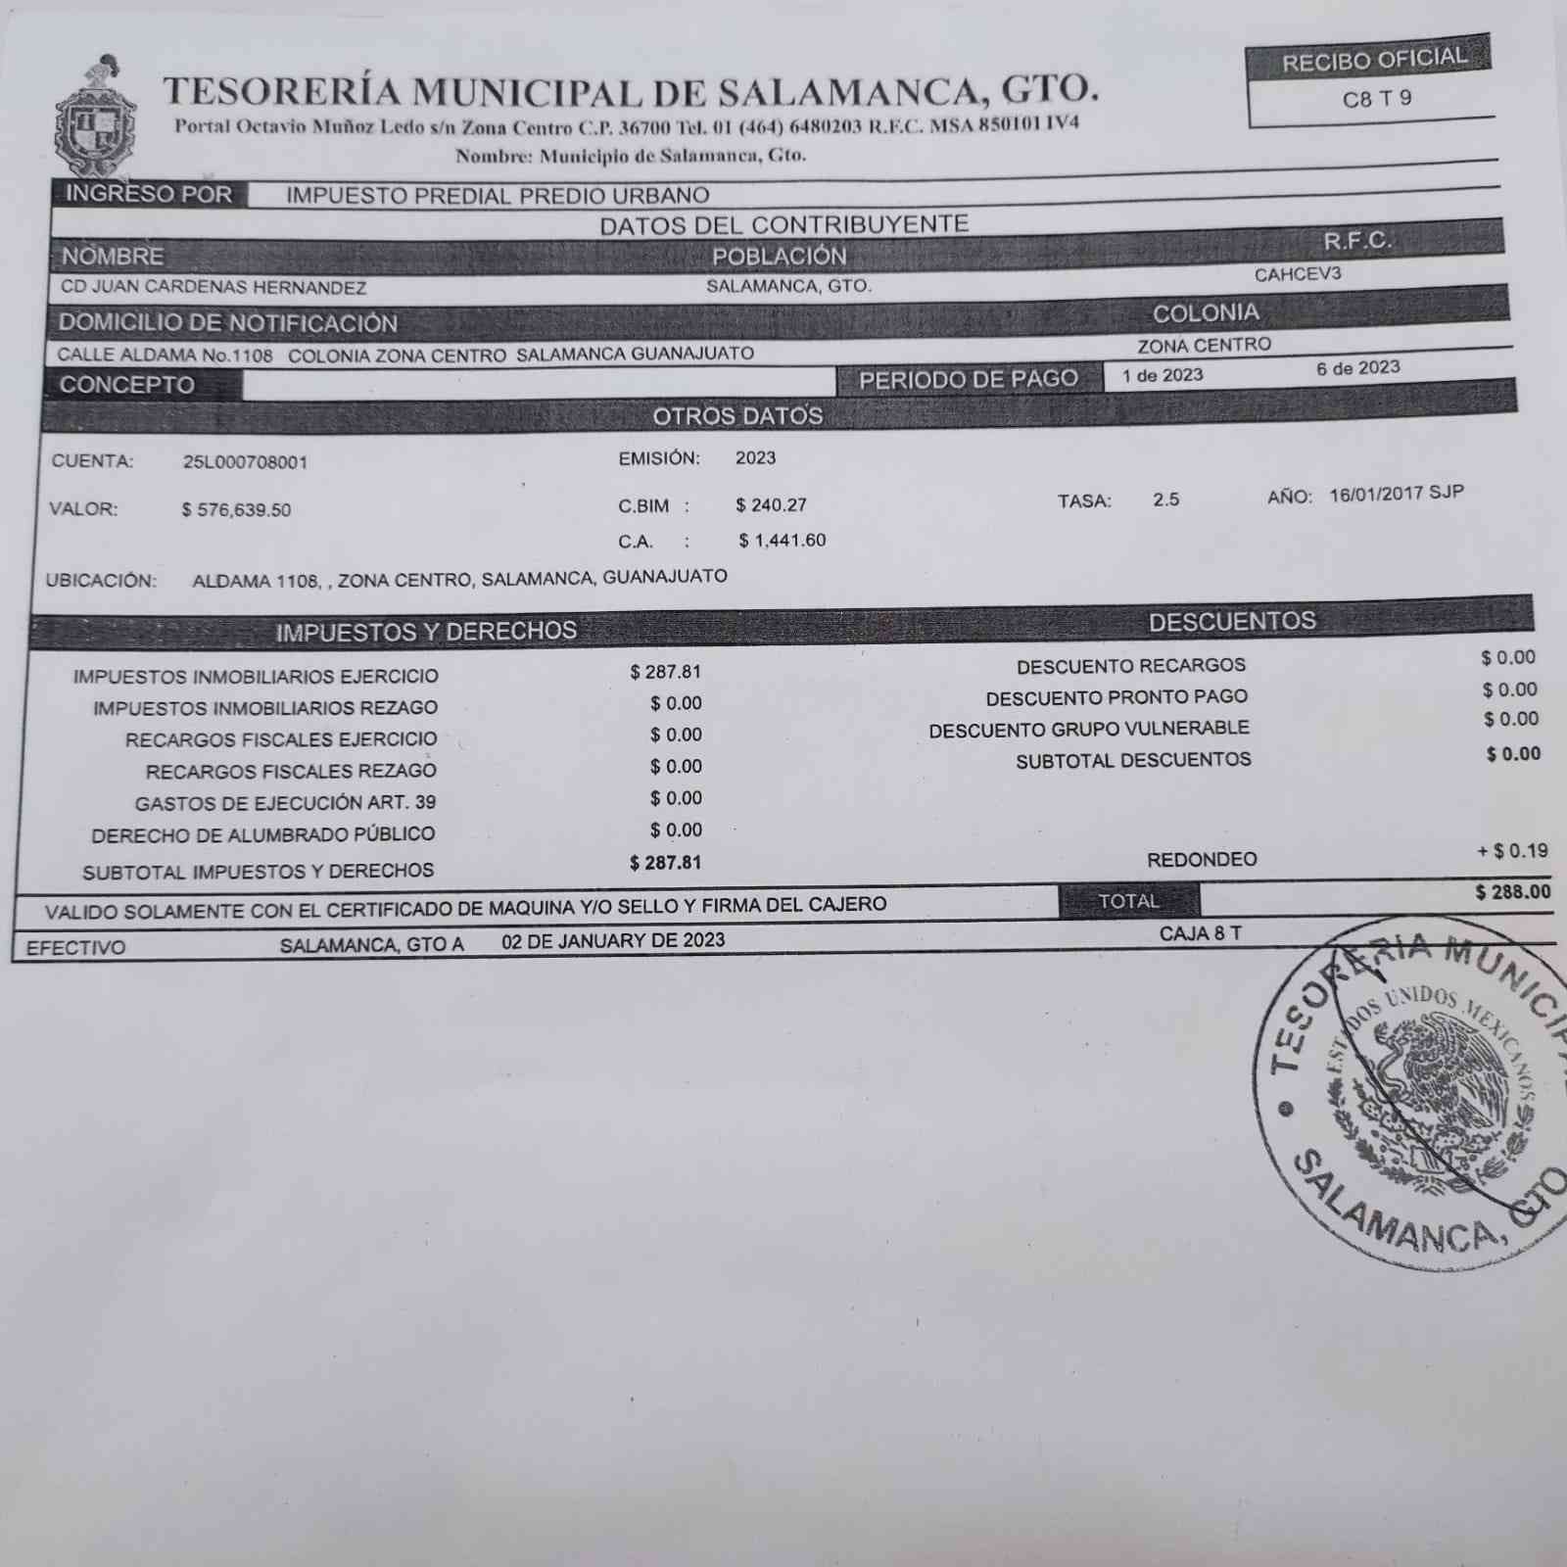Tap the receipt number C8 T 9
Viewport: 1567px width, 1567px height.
tap(1376, 99)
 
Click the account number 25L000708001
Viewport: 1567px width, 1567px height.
tap(245, 462)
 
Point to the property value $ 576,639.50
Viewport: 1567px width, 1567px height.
tap(236, 510)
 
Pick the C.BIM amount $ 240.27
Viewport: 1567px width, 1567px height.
tap(771, 505)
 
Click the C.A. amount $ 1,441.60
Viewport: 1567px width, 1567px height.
tap(782, 541)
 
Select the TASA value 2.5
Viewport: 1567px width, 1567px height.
tap(1165, 499)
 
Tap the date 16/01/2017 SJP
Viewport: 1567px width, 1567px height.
tap(1396, 494)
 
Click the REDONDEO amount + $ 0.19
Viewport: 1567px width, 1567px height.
tap(1512, 851)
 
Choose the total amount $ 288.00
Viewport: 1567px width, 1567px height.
tap(1512, 892)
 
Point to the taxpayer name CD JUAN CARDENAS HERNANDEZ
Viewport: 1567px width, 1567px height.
tap(214, 288)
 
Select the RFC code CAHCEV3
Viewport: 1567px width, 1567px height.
tap(1297, 275)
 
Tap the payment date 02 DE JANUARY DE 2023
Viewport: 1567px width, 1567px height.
tap(613, 941)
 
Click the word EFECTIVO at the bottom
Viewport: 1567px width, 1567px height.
tap(75, 948)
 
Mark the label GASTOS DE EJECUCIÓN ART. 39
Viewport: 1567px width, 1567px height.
tap(285, 803)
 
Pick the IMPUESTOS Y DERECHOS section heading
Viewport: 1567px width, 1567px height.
tap(426, 632)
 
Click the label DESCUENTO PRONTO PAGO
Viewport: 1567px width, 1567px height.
tap(1116, 698)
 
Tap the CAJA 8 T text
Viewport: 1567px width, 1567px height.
tap(1200, 934)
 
